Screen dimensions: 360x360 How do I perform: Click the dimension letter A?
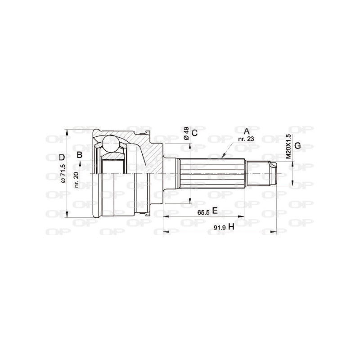[246, 131]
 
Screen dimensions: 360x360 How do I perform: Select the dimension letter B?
[80, 155]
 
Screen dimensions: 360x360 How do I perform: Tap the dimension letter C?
[194, 133]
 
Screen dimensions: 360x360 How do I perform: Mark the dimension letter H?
[231, 226]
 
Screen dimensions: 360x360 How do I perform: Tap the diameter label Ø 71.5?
[63, 173]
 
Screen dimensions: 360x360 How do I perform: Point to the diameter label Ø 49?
[186, 134]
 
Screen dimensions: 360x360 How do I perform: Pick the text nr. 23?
[246, 139]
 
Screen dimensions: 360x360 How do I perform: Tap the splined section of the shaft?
[211, 174]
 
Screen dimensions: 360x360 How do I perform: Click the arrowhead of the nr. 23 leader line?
[222, 158]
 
